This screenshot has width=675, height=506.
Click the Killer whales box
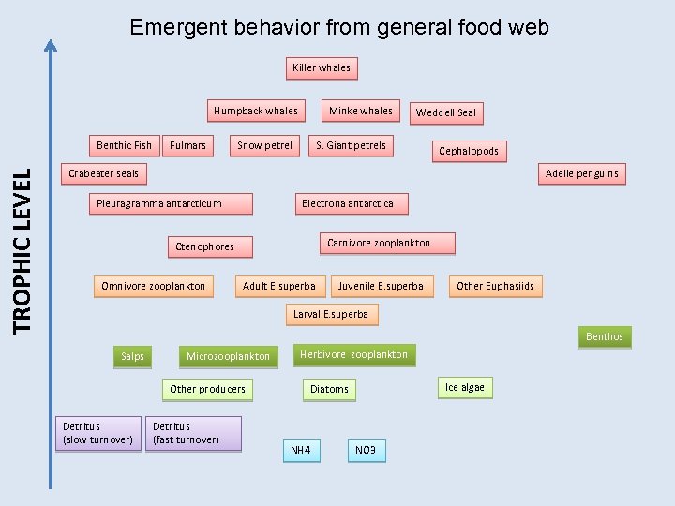coord(322,67)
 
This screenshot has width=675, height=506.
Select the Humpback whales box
coord(255,111)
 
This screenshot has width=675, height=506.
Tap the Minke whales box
coord(361,111)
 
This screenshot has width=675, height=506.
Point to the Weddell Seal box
coord(446,112)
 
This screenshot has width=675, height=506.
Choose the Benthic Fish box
coord(124,145)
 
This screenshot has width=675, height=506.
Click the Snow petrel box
coord(264,145)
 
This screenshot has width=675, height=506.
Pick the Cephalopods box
coord(469,151)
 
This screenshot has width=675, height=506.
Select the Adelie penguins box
coord(581,173)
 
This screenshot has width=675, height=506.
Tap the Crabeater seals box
coord(103,173)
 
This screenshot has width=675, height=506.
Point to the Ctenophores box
coord(205,246)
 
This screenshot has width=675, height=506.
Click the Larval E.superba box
coord(331,314)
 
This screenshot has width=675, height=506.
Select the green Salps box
coord(133,356)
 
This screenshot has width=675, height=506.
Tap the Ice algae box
coord(465,387)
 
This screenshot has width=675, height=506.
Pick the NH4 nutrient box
coord(300,451)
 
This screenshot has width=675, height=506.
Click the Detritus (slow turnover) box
coord(97,433)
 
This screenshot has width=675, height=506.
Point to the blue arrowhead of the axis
coord(51,44)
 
